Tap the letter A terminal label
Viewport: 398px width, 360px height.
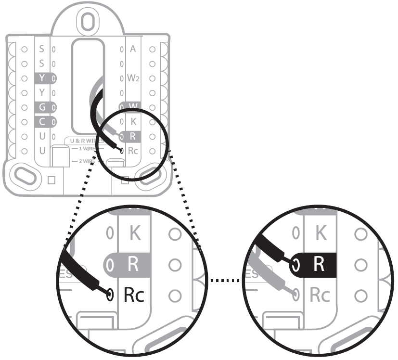coord(133,49)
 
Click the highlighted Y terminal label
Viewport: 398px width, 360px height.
coord(42,77)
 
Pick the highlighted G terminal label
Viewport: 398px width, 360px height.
coord(42,106)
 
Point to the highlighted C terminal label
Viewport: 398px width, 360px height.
coord(42,121)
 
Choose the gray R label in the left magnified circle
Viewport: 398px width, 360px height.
coord(133,264)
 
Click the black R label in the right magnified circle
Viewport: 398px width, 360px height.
coord(318,264)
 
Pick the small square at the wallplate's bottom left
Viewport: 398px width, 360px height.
coord(52,180)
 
